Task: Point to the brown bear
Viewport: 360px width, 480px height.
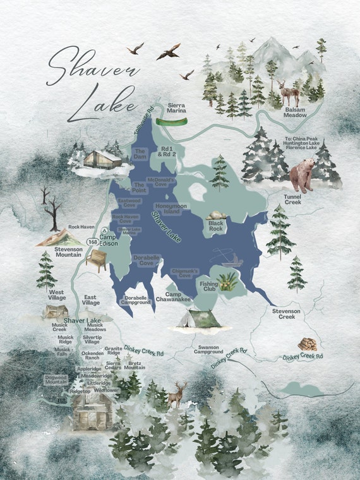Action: [x=304, y=175]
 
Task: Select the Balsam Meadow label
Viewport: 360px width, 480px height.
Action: [x=294, y=113]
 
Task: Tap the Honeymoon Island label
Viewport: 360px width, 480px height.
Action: [x=169, y=208]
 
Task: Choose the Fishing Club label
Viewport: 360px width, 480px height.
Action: [x=209, y=285]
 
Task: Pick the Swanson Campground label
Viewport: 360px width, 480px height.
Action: [x=209, y=350]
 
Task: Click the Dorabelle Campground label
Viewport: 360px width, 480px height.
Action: [x=136, y=300]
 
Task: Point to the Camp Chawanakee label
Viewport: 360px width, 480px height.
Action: [x=179, y=297]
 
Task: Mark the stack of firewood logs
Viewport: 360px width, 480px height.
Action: [x=308, y=344]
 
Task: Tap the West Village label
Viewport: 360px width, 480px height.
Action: [x=57, y=296]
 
